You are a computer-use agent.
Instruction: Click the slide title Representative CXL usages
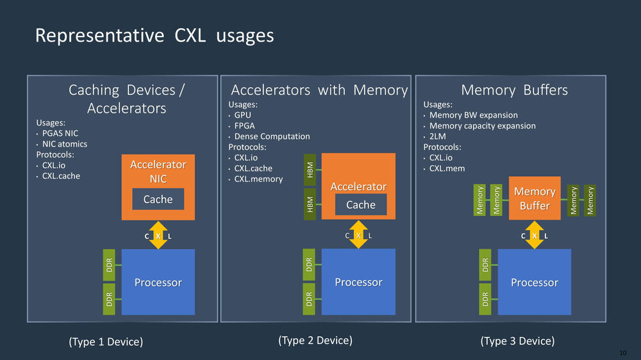coord(154,35)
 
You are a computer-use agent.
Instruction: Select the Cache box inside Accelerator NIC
coord(158,199)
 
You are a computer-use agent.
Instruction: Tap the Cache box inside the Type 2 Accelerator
coord(360,205)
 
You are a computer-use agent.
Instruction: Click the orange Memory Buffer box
coord(535,198)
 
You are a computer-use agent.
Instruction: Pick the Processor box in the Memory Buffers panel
coord(534,282)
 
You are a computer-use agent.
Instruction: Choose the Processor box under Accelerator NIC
coord(158,282)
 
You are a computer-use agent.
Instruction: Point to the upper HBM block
coord(310,170)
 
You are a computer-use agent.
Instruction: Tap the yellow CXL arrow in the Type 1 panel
coord(158,235)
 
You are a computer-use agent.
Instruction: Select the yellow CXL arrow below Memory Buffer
coord(535,234)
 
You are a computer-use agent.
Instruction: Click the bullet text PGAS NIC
coord(60,133)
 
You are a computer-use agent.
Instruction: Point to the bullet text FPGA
coord(244,126)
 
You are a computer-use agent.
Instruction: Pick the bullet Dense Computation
coord(272,136)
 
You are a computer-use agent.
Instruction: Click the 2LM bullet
coord(437,136)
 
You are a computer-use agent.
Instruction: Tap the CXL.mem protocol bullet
coord(447,168)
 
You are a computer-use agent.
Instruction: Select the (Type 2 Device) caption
coord(315,340)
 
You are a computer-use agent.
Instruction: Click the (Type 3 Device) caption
coord(517,341)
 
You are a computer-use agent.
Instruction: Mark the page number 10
coord(622,353)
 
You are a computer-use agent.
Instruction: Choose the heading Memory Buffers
coord(514,90)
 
